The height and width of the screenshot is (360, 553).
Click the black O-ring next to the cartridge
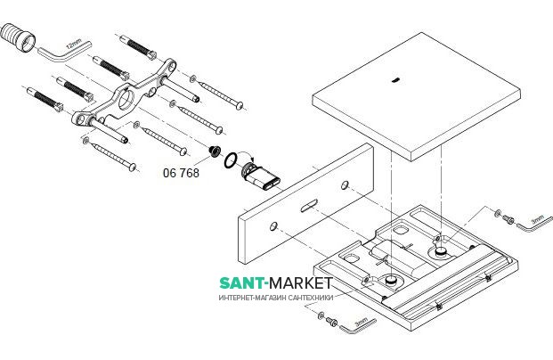click(231, 160)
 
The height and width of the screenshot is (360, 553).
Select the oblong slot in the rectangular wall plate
click(307, 208)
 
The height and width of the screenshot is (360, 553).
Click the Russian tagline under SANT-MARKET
click(276, 299)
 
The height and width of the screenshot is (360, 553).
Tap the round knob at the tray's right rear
click(443, 252)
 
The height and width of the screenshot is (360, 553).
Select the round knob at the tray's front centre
click(389, 282)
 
